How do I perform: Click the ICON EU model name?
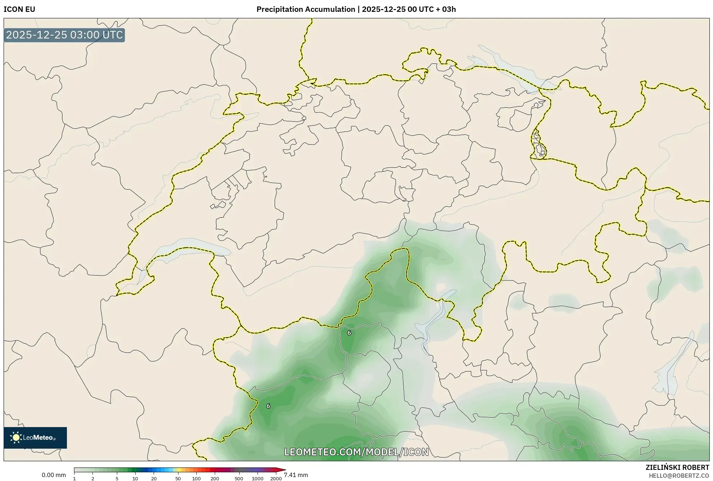pyautogui.click(x=19, y=9)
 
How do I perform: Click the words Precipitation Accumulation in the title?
pyautogui.click(x=305, y=9)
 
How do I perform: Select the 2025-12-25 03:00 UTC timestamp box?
pyautogui.click(x=64, y=35)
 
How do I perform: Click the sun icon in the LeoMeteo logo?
pyautogui.click(x=16, y=438)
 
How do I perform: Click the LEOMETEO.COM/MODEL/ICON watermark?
pyautogui.click(x=356, y=452)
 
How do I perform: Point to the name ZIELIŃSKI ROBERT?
pyautogui.click(x=677, y=467)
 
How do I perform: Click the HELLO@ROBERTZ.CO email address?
pyautogui.click(x=679, y=476)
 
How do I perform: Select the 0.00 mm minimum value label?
pyautogui.click(x=54, y=475)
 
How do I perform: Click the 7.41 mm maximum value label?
pyautogui.click(x=296, y=475)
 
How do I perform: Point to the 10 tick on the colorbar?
pyautogui.click(x=135, y=478)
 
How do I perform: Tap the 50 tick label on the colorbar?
pyautogui.click(x=178, y=478)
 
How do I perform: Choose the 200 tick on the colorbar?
pyautogui.click(x=215, y=478)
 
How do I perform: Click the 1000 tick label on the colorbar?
pyautogui.click(x=258, y=478)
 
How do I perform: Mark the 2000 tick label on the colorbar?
pyautogui.click(x=276, y=478)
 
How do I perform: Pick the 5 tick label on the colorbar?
pyautogui.click(x=117, y=478)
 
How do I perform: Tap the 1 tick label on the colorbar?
pyautogui.click(x=74, y=478)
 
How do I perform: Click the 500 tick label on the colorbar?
pyautogui.click(x=239, y=478)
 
